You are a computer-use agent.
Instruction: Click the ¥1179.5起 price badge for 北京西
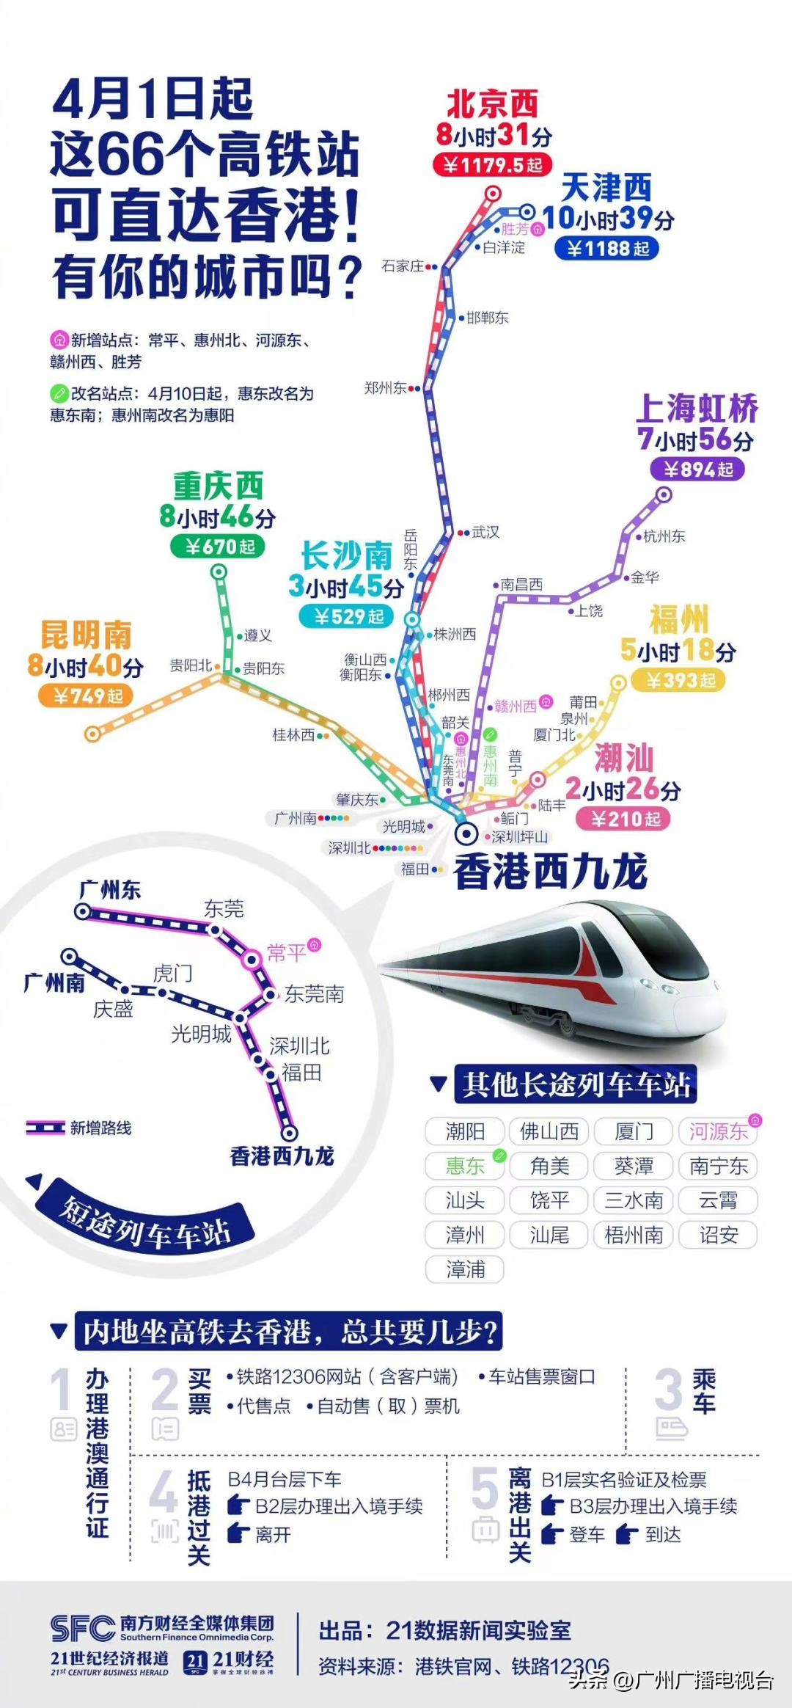tap(492, 165)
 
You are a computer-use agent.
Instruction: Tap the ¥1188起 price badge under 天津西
tap(608, 249)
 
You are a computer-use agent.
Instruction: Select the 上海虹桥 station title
tap(697, 408)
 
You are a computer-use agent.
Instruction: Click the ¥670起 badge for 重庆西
tap(217, 547)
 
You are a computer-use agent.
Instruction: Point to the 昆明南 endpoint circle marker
tap(92, 733)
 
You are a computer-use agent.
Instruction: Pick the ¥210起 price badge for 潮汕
tap(624, 819)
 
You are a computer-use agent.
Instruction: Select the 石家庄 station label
tap(403, 266)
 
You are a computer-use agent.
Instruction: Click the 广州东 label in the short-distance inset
tap(110, 891)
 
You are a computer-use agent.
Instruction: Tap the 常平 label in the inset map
tap(286, 952)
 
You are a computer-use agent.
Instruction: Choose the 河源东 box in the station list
tap(717, 1131)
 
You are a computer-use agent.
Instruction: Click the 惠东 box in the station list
tap(465, 1166)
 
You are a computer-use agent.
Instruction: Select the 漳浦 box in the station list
tap(465, 1269)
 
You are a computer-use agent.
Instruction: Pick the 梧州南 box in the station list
tap(634, 1235)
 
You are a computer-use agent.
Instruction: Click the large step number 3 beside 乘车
tap(668, 1390)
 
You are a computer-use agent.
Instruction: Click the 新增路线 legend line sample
tap(45, 1128)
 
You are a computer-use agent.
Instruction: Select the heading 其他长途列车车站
tap(575, 1084)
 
